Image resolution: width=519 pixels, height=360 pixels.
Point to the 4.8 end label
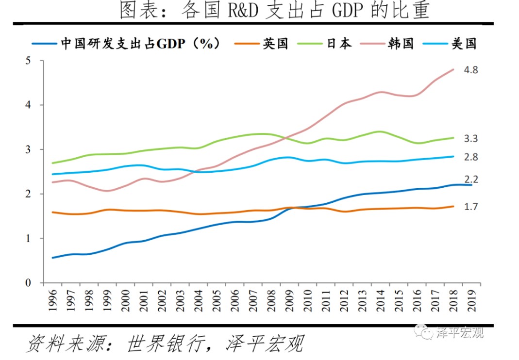[471, 70]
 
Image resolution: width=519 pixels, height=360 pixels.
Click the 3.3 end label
[471, 139]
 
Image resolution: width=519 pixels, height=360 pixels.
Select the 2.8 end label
[471, 157]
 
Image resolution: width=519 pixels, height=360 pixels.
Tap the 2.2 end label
[471, 180]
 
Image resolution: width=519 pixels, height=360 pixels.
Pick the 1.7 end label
[471, 207]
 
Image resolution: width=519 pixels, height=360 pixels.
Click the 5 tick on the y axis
[29, 61]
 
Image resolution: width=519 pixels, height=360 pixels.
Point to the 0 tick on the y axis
[29, 282]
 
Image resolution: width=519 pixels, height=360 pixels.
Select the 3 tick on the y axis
[29, 149]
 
